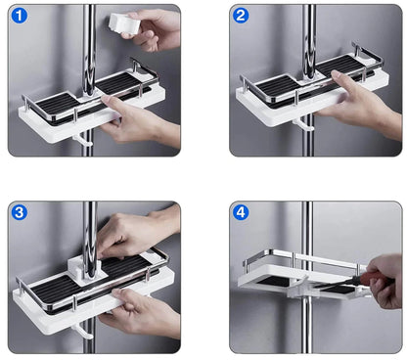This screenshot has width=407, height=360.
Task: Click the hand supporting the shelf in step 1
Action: point(137,122)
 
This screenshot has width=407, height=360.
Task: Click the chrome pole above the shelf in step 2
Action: point(308,34)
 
